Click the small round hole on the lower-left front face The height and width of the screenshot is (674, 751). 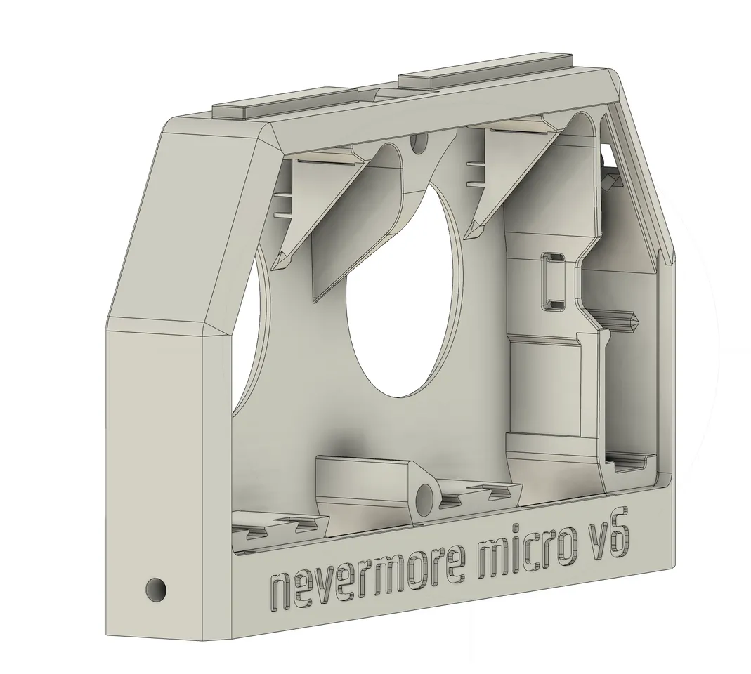(x=155, y=589)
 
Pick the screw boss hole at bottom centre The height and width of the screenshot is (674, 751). (x=425, y=501)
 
